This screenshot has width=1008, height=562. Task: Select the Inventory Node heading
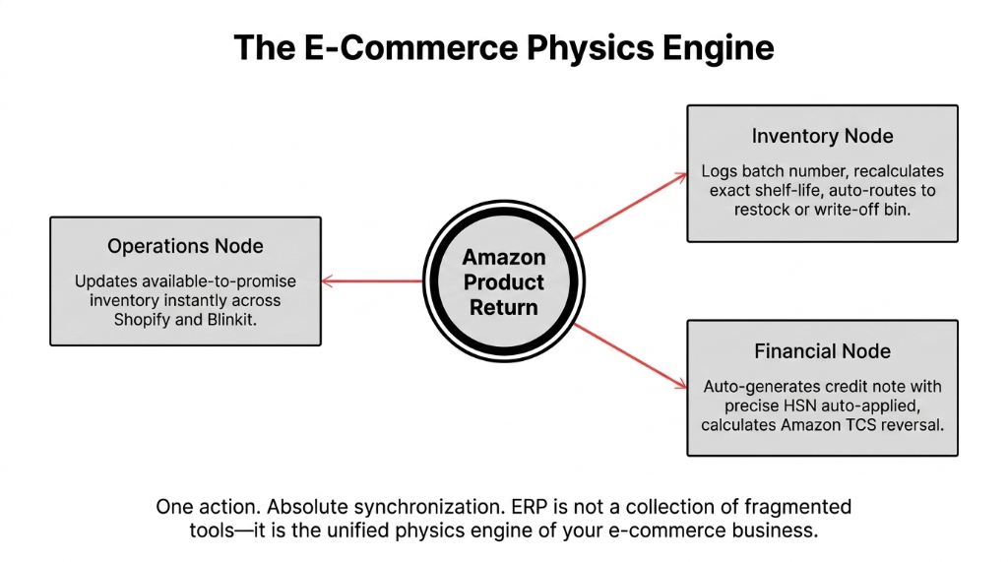[822, 137]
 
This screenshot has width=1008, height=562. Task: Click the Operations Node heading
[185, 246]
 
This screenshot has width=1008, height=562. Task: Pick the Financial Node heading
[822, 351]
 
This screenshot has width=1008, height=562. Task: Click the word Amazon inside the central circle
[503, 257]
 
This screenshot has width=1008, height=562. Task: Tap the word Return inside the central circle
[503, 307]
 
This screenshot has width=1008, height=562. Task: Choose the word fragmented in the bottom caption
[795, 507]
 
